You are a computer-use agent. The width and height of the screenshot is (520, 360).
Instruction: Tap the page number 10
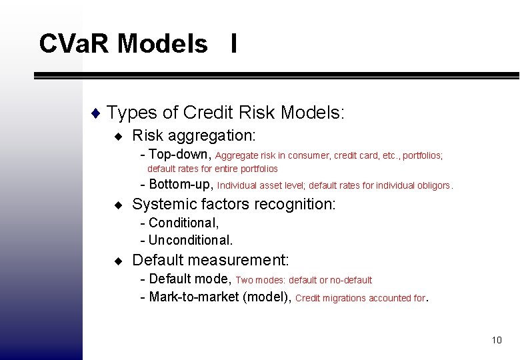point(496,340)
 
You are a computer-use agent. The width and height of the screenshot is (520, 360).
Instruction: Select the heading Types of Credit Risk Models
point(225,112)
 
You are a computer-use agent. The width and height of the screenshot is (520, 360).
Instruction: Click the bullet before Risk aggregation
point(118,137)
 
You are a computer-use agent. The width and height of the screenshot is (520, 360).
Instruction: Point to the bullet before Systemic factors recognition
point(118,205)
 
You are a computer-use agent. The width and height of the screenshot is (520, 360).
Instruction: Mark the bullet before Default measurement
point(118,261)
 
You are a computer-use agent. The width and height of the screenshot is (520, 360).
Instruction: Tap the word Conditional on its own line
point(184,223)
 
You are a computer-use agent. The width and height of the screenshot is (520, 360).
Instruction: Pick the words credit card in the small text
point(356,155)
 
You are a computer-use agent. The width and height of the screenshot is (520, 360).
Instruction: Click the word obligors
point(434,185)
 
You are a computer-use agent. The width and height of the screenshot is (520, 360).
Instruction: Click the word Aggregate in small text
point(237,155)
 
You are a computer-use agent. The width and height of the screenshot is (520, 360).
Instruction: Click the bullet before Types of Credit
point(97,113)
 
